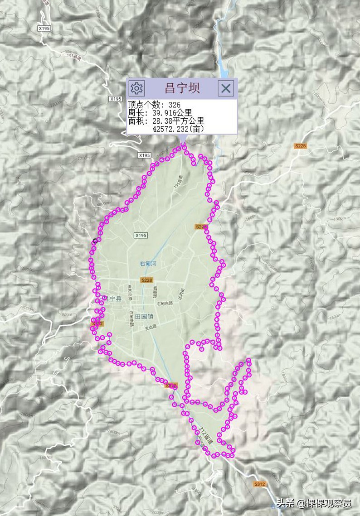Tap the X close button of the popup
pyautogui.click(x=226, y=87)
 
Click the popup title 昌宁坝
pyautogui.click(x=182, y=87)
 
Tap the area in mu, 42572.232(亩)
pyautogui.click(x=178, y=129)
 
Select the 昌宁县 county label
pyautogui.click(x=112, y=299)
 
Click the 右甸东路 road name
pyautogui.click(x=165, y=304)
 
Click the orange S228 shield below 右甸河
pyautogui.click(x=146, y=280)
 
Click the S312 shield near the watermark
pyautogui.click(x=259, y=484)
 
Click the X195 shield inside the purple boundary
pyautogui.click(x=141, y=236)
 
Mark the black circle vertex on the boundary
pyautogui.click(x=94, y=241)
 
